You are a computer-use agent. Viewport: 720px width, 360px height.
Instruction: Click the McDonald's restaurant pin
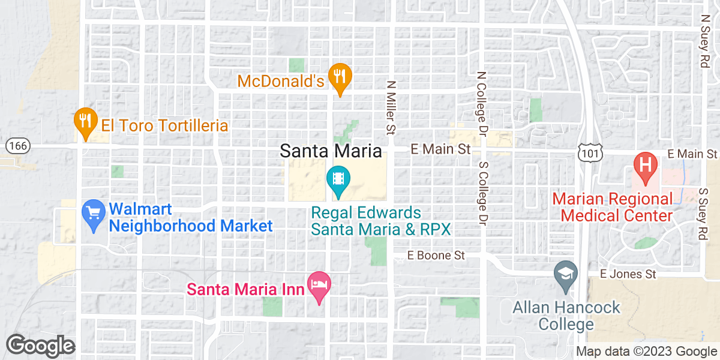tap(340, 77)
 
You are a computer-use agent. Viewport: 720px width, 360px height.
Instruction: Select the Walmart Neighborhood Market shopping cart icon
tap(94, 214)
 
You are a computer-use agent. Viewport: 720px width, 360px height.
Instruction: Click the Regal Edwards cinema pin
tap(338, 179)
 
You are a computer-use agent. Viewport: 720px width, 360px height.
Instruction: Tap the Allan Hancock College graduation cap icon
tap(566, 275)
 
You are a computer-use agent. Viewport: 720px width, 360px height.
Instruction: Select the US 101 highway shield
tap(589, 154)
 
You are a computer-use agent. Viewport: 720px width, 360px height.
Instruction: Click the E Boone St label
tap(436, 255)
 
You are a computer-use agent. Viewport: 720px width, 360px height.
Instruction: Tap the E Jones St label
tap(629, 274)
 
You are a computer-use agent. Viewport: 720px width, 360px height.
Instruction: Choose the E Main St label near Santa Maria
tap(440, 149)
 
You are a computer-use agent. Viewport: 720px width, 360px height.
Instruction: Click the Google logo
tap(40, 346)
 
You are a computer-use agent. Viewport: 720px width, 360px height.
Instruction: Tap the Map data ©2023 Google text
tap(646, 352)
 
